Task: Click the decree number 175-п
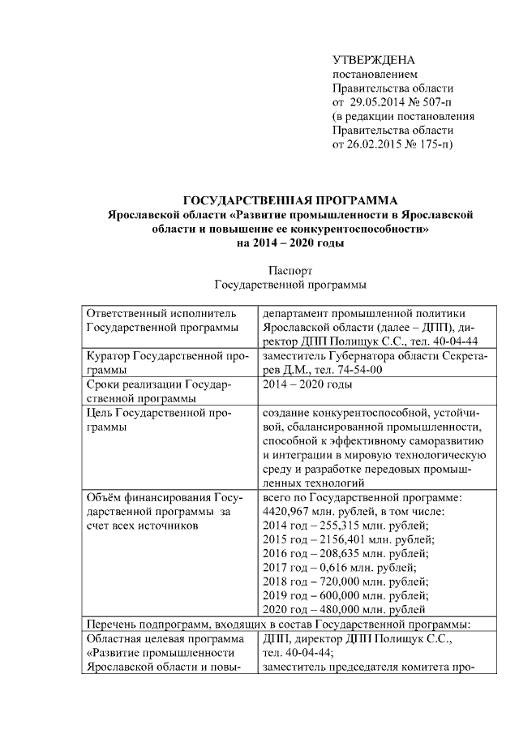pos(435,144)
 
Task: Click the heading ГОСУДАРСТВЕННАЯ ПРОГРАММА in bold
pos(290,201)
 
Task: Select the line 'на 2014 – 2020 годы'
pos(290,243)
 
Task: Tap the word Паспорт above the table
pos(290,270)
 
